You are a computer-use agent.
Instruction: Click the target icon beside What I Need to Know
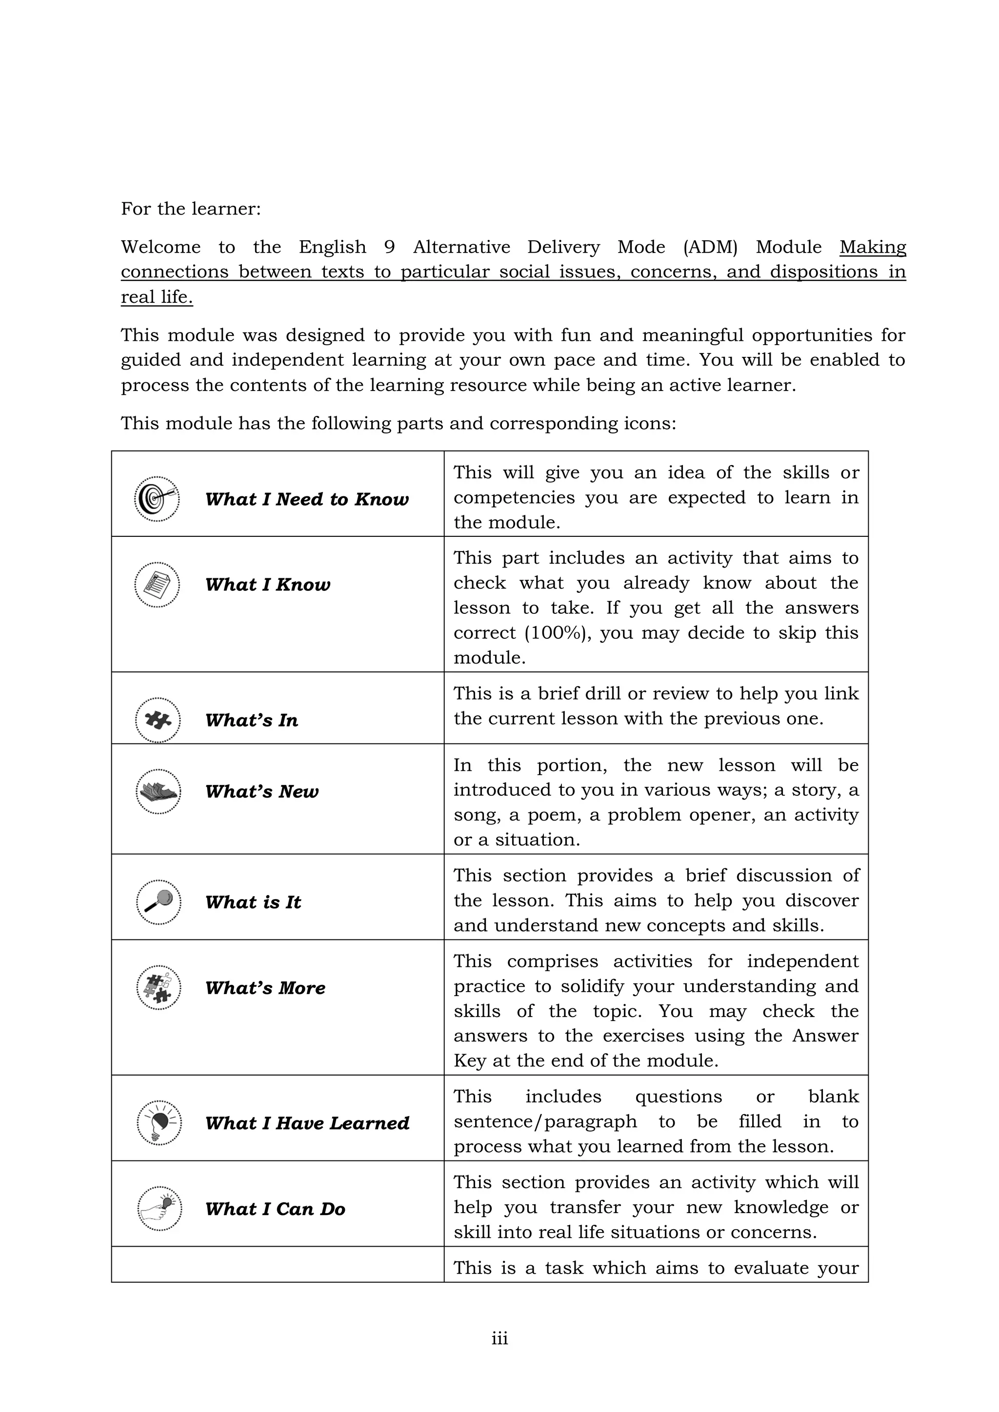point(157,499)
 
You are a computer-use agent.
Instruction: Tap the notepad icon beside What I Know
point(157,584)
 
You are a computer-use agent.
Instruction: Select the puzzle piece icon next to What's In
point(158,720)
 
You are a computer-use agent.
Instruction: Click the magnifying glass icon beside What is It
point(158,902)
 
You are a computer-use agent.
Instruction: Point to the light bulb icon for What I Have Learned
point(159,1122)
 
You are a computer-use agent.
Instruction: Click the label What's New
point(261,791)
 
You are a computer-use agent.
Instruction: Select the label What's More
point(265,988)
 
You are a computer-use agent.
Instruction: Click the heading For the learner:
point(191,209)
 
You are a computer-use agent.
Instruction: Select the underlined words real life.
point(157,297)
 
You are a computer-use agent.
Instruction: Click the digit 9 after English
point(389,247)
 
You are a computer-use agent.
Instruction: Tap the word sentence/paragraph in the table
point(545,1122)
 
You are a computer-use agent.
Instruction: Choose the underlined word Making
point(872,247)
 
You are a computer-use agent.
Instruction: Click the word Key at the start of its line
point(469,1061)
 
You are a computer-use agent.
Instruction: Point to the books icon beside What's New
point(158,791)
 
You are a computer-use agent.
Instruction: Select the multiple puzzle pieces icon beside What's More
point(158,988)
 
